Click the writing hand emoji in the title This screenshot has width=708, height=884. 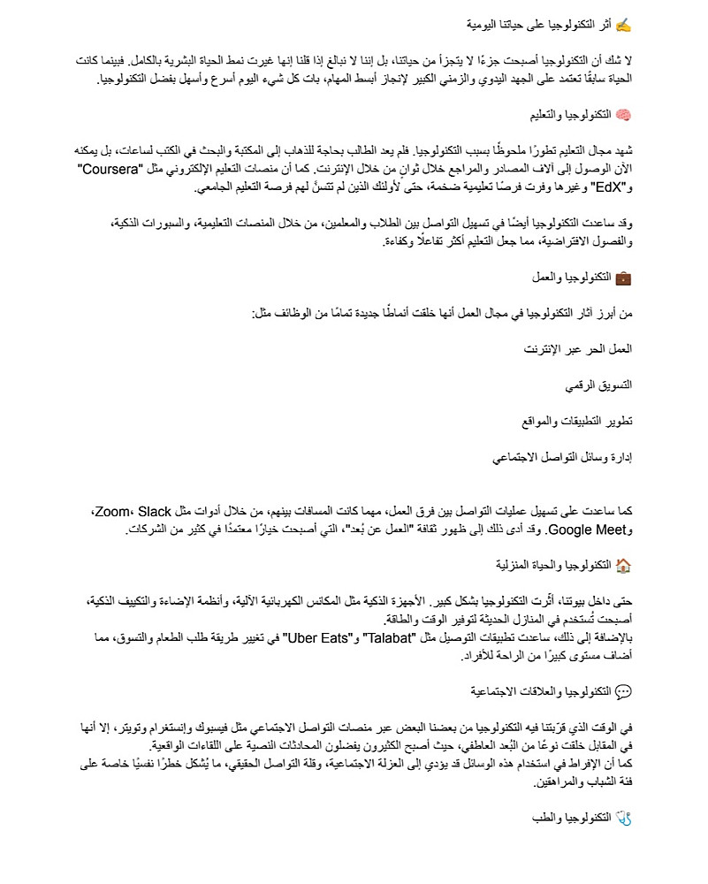pyautogui.click(x=624, y=25)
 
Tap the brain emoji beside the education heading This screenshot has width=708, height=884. pyautogui.click(x=624, y=116)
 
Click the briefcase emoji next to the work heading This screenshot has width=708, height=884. pyautogui.click(x=624, y=278)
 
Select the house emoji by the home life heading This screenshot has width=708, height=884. pyautogui.click(x=624, y=565)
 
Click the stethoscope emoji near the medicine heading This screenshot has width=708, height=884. pyautogui.click(x=624, y=819)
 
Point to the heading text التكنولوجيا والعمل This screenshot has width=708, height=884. pyautogui.click(x=574, y=278)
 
